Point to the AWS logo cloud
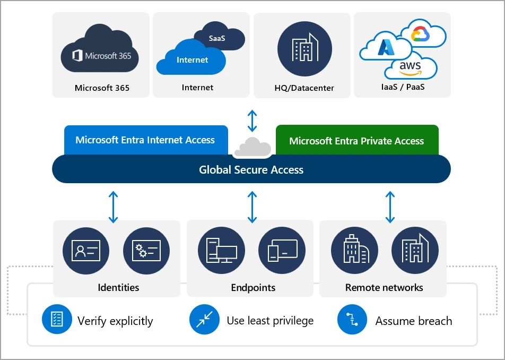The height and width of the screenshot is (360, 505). coord(411,68)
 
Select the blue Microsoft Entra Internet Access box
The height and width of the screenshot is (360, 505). coord(145,140)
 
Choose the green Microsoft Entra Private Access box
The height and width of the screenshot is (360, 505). coord(356,141)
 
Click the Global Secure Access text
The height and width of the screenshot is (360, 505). coord(251,170)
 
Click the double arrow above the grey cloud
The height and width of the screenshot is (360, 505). coord(252,121)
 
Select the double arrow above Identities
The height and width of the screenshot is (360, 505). coord(113,207)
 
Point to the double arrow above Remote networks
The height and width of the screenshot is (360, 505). coord(390,207)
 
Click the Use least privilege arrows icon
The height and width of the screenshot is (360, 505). coord(204,320)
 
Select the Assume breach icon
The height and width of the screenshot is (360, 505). coord(351,320)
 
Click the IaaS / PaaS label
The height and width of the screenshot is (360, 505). coord(402,87)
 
